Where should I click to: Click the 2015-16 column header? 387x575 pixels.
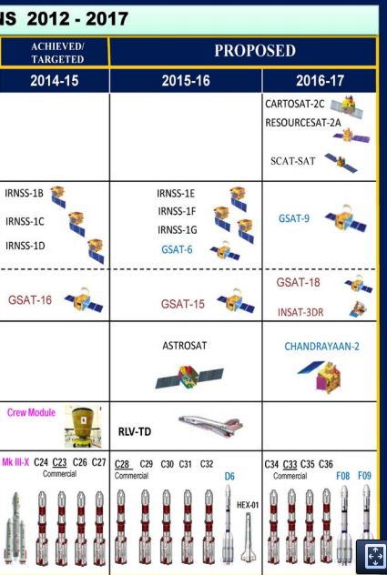coord(186,81)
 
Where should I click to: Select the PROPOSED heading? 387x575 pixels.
coord(255,51)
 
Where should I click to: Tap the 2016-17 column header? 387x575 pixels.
coord(320,81)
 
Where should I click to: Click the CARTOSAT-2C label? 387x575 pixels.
coord(295,104)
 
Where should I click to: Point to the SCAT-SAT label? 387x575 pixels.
coord(292,161)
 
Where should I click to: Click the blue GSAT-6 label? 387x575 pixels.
coord(177,249)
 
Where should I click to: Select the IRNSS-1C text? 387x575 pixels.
coord(25,221)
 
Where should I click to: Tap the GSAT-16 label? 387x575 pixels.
coord(30,300)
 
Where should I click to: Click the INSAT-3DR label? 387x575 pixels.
coord(300,312)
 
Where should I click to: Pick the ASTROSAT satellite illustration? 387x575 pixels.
coord(189,378)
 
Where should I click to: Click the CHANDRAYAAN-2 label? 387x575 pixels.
coord(321,347)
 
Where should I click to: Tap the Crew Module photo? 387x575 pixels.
coord(83,426)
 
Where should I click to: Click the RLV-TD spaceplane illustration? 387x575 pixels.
coord(211,426)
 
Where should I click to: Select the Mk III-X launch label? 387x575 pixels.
coord(15,462)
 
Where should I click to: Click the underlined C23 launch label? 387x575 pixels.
coord(59,462)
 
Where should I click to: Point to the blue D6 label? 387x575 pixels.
coord(229,477)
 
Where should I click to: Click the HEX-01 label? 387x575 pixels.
coord(248,505)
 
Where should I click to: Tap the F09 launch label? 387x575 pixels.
coord(364,476)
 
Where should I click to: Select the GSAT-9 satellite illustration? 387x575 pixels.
coord(345,218)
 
